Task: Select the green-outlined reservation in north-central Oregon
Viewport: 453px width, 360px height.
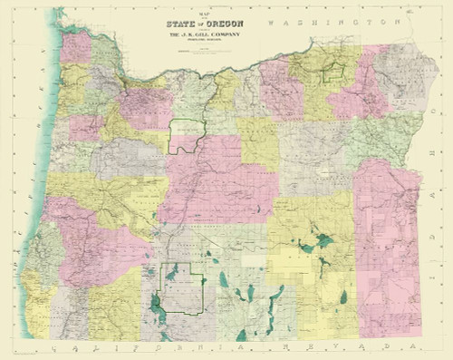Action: (x=188, y=135)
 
